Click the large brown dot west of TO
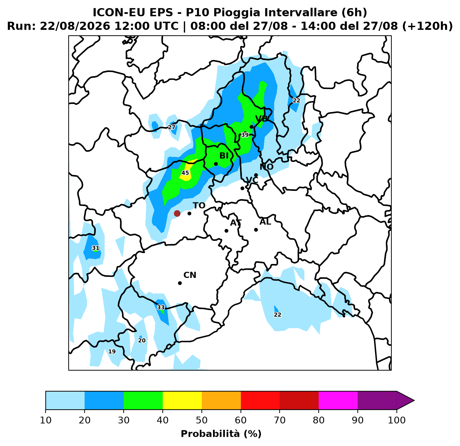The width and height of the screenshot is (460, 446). tap(177, 213)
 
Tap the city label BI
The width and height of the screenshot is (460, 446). tap(224, 156)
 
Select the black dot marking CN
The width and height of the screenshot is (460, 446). tap(180, 283)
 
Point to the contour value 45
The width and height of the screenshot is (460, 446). tap(185, 173)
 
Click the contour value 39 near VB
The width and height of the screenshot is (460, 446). tap(245, 135)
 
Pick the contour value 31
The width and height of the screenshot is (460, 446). tap(95, 248)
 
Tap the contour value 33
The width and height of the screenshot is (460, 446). tap(161, 307)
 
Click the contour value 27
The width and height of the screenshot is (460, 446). tap(172, 127)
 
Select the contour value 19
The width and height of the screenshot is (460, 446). tap(112, 352)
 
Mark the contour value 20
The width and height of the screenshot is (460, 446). tap(142, 341)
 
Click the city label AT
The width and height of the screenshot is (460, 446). tap(236, 223)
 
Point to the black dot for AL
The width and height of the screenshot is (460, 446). tap(256, 230)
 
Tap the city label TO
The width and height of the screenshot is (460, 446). tap(199, 206)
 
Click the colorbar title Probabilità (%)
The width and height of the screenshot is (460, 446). tap(221, 434)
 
